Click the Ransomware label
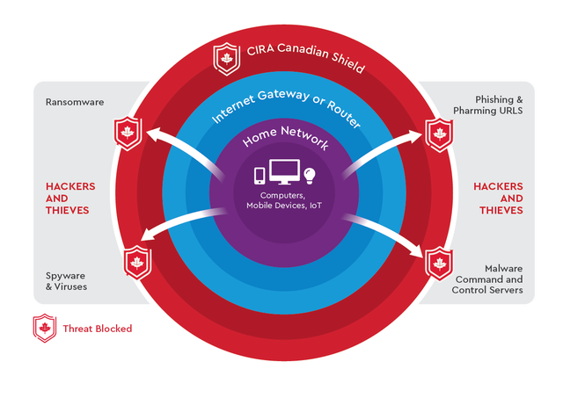click(75, 103)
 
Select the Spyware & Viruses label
click(67, 280)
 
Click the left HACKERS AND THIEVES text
click(70, 198)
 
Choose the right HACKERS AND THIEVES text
click(498, 198)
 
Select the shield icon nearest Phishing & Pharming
click(439, 134)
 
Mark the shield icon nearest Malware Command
click(438, 262)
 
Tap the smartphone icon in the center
click(261, 176)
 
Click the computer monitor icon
click(284, 172)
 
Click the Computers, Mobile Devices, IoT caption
click(282, 200)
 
